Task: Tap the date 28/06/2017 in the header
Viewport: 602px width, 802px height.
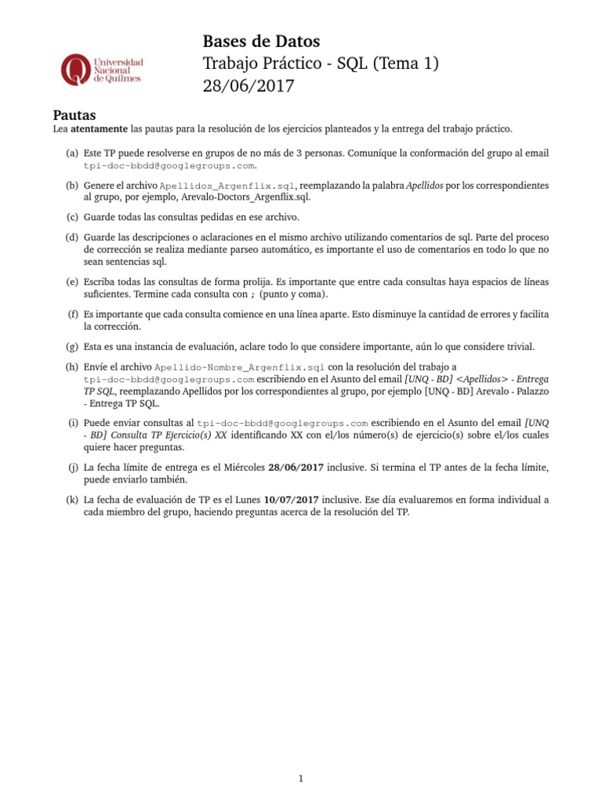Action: tap(248, 86)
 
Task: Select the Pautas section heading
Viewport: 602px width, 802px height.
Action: tap(74, 115)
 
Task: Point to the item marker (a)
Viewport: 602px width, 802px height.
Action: tap(72, 154)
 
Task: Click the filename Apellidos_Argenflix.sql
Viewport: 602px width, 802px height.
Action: tap(227, 186)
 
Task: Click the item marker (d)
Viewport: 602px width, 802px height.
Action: tap(72, 237)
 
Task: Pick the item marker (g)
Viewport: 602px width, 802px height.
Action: tap(72, 345)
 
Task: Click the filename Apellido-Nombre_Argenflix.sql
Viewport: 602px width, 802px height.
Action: tap(239, 366)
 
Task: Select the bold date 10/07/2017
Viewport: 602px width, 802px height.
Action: tap(291, 499)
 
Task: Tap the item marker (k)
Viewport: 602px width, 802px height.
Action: tap(72, 499)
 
